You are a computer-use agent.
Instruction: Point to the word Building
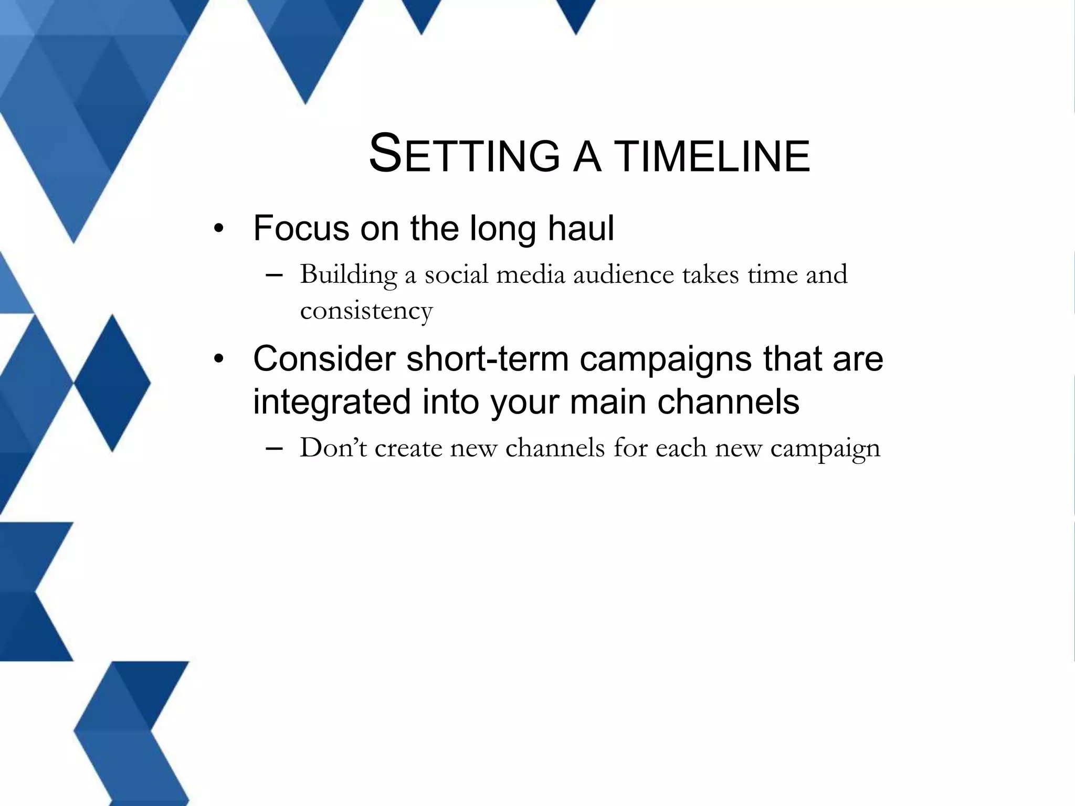click(348, 275)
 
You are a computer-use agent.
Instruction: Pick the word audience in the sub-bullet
click(623, 275)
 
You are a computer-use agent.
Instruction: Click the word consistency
click(366, 311)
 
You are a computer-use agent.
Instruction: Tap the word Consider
click(324, 359)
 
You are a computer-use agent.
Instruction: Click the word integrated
click(331, 402)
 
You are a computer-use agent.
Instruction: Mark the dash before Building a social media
click(274, 275)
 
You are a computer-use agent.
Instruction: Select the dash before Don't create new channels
click(274, 448)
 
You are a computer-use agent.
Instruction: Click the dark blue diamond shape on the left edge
click(112, 383)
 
